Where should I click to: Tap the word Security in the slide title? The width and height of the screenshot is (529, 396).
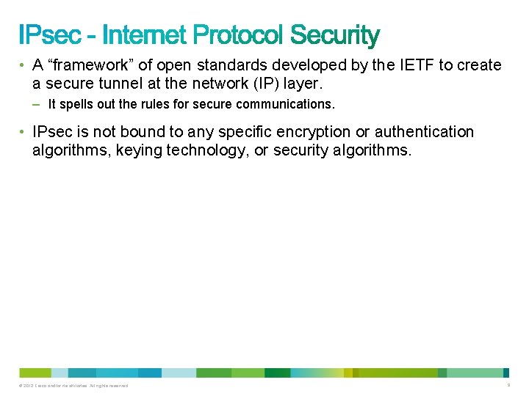click(x=335, y=35)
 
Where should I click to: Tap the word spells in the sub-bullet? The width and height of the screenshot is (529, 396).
click(x=74, y=105)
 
